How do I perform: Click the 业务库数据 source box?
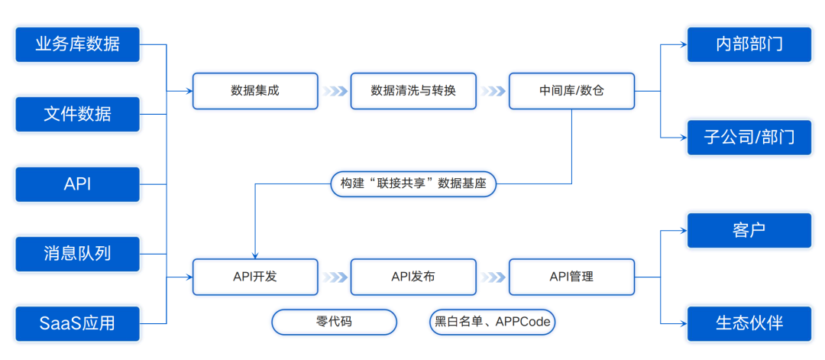[x=77, y=45]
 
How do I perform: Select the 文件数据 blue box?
[x=77, y=114]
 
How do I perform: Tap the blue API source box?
[x=77, y=184]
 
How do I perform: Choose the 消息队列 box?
[x=77, y=255]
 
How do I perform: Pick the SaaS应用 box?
[x=77, y=323]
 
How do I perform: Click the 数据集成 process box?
[x=255, y=91]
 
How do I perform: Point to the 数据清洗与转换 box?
[x=413, y=91]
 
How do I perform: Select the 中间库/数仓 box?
[x=571, y=91]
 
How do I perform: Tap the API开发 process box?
[x=255, y=277]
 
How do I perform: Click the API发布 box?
[x=413, y=277]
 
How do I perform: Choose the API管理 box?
[x=571, y=277]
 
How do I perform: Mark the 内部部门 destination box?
[x=749, y=45]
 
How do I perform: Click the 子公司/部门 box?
[x=749, y=138]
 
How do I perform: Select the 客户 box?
[x=749, y=231]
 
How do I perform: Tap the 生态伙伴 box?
[x=749, y=323]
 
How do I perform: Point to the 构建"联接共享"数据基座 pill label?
[x=413, y=184]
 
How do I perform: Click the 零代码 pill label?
[x=334, y=322]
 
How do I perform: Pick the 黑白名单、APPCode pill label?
[x=493, y=322]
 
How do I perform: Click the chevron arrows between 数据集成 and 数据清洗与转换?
[x=335, y=91]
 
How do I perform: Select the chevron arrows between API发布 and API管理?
[x=493, y=277]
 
